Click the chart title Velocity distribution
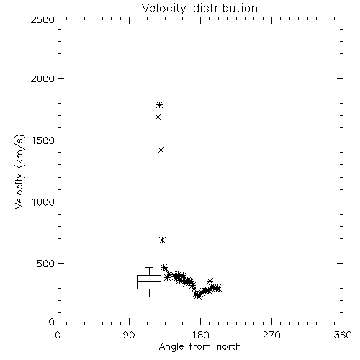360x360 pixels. tap(199, 8)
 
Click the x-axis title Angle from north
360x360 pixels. tap(199, 346)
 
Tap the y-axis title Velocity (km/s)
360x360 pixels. tap(19, 171)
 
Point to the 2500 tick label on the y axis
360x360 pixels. tap(42, 19)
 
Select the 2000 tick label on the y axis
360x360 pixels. tap(42, 78)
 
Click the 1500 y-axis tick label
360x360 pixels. tap(43, 140)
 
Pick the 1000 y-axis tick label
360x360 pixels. tap(43, 202)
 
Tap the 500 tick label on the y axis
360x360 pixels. tap(46, 264)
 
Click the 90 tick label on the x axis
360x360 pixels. tap(129, 335)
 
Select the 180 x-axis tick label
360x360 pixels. tap(200, 335)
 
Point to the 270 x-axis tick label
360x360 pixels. tap(271, 335)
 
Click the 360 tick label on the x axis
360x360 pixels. tap(343, 335)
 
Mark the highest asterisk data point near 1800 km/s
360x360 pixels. tap(160, 104)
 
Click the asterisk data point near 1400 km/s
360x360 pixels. tap(161, 150)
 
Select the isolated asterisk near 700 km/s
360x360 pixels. tap(163, 240)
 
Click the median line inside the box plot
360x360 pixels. tap(149, 281)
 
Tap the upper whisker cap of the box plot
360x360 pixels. tap(149, 267)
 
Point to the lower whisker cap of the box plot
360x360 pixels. tap(149, 297)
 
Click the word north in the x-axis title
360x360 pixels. tap(229, 346)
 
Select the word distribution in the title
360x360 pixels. tap(225, 8)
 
